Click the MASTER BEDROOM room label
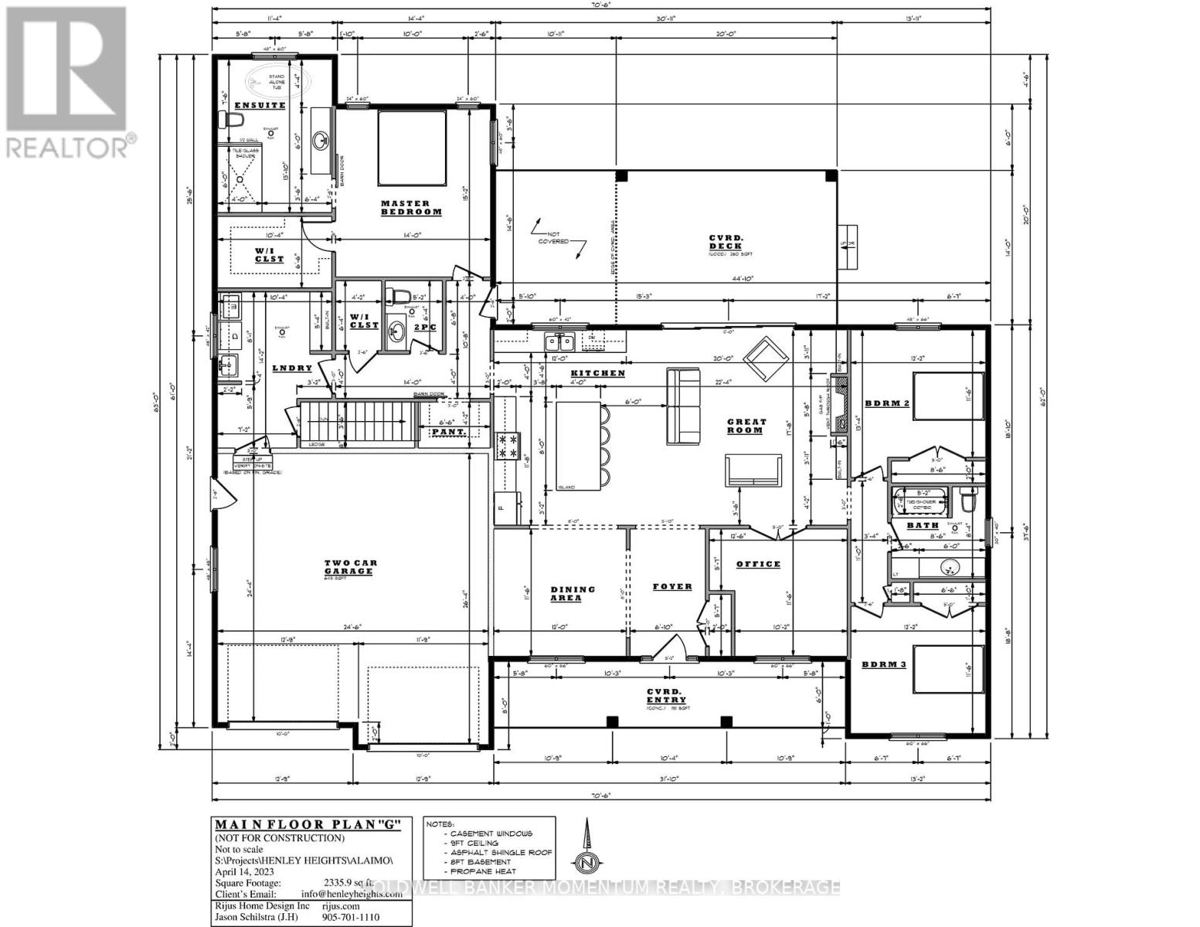click(x=411, y=207)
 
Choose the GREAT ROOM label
click(x=746, y=426)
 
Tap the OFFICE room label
click(x=758, y=564)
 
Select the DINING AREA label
click(x=573, y=593)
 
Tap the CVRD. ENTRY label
click(x=664, y=695)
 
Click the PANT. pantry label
click(x=448, y=432)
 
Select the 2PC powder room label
click(x=425, y=328)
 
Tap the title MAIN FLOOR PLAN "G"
click(x=307, y=823)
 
